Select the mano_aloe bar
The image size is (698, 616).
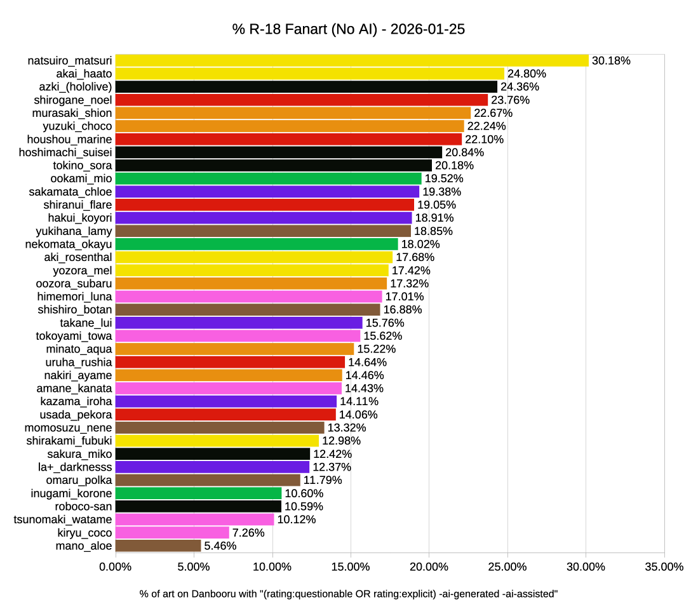click(x=158, y=546)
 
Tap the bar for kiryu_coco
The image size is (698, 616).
click(x=172, y=532)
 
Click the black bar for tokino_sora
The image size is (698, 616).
click(x=273, y=165)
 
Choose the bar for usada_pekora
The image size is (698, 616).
click(x=225, y=415)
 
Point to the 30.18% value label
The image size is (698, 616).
click(x=611, y=61)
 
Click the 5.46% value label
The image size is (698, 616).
click(x=220, y=546)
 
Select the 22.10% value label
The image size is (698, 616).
click(x=484, y=140)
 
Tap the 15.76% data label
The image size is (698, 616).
click(x=385, y=323)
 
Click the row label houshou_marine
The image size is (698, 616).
click(x=70, y=139)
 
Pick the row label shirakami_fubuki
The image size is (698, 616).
click(x=69, y=441)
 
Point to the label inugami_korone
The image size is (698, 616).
click(x=72, y=493)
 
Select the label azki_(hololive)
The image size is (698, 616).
click(x=76, y=86)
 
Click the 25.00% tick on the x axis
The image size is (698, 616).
click(x=507, y=566)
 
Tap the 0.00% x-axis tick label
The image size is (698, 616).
click(x=116, y=566)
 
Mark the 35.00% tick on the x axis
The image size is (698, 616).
click(x=664, y=566)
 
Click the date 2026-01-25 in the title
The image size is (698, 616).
click(x=427, y=30)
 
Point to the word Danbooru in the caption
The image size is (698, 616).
click(x=209, y=594)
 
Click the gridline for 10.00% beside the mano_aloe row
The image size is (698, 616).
click(x=272, y=546)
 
